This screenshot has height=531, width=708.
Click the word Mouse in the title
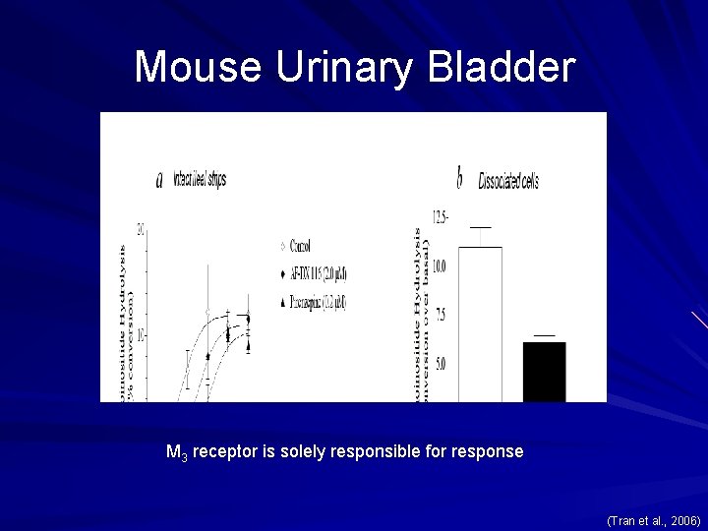click(x=198, y=67)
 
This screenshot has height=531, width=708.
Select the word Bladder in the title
click(x=501, y=67)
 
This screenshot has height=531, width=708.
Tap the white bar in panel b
click(x=480, y=324)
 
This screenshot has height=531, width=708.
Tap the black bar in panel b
click(x=544, y=372)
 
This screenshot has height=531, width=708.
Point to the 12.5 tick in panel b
click(x=439, y=216)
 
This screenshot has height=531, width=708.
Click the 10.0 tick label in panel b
click(x=439, y=265)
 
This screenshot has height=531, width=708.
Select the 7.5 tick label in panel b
click(x=441, y=315)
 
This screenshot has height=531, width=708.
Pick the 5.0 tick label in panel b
click(x=441, y=364)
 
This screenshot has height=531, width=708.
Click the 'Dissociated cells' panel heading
click(x=508, y=182)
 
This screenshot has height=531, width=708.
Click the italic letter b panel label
click(x=459, y=179)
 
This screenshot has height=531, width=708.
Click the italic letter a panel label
click(x=159, y=181)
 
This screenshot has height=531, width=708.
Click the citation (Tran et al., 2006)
click(x=653, y=520)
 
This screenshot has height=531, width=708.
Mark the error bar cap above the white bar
click(x=480, y=227)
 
